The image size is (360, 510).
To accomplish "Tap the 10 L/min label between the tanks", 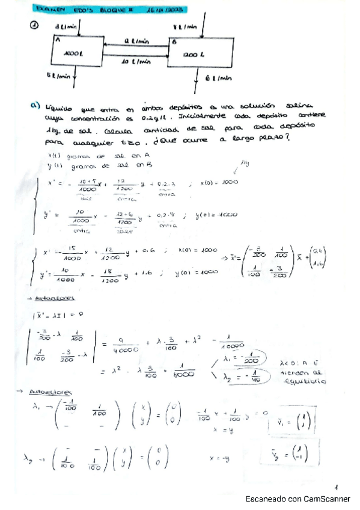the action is (135, 62).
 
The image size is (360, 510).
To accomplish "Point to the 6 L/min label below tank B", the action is (218, 78).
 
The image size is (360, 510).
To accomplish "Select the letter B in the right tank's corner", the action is (174, 42).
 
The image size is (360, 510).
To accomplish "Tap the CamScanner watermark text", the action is (297, 499).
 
